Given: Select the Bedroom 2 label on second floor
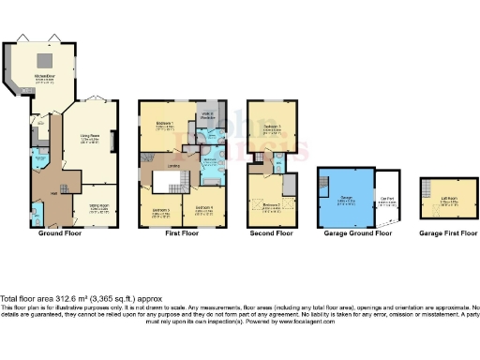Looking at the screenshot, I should point(272,203).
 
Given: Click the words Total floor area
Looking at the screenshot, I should point(29,297).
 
